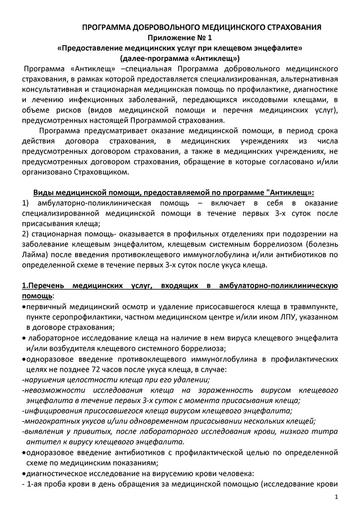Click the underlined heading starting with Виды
(x=174, y=192)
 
